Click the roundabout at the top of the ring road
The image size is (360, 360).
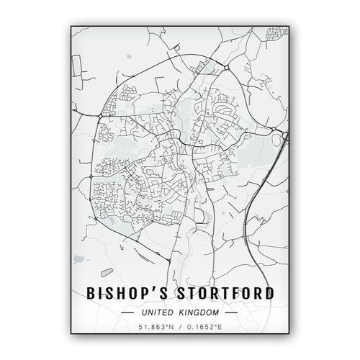click(225, 67)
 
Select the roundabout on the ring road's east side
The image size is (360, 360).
click(273, 130)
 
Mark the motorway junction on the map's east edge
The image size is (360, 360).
click(284, 135)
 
